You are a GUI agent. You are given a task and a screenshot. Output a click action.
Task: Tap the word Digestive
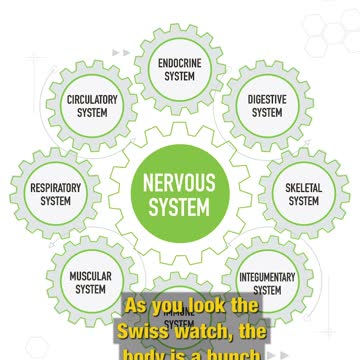267,100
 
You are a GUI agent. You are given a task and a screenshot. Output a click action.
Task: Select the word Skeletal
304,188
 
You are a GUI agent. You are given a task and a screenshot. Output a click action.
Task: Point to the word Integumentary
267,277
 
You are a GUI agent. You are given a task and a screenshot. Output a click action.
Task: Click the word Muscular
91,277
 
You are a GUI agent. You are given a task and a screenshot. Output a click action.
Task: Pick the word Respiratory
56,188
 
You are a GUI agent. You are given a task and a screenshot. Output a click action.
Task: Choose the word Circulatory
92,100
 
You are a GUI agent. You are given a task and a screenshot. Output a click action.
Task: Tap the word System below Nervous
180,209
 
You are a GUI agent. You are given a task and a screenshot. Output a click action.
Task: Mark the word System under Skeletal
304,201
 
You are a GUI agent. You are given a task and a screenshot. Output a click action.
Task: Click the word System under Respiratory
56,201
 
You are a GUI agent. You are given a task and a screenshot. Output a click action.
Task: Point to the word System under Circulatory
92,113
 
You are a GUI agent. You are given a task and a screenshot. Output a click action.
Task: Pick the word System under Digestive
267,113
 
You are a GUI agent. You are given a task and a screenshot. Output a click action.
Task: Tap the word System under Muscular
91,290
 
